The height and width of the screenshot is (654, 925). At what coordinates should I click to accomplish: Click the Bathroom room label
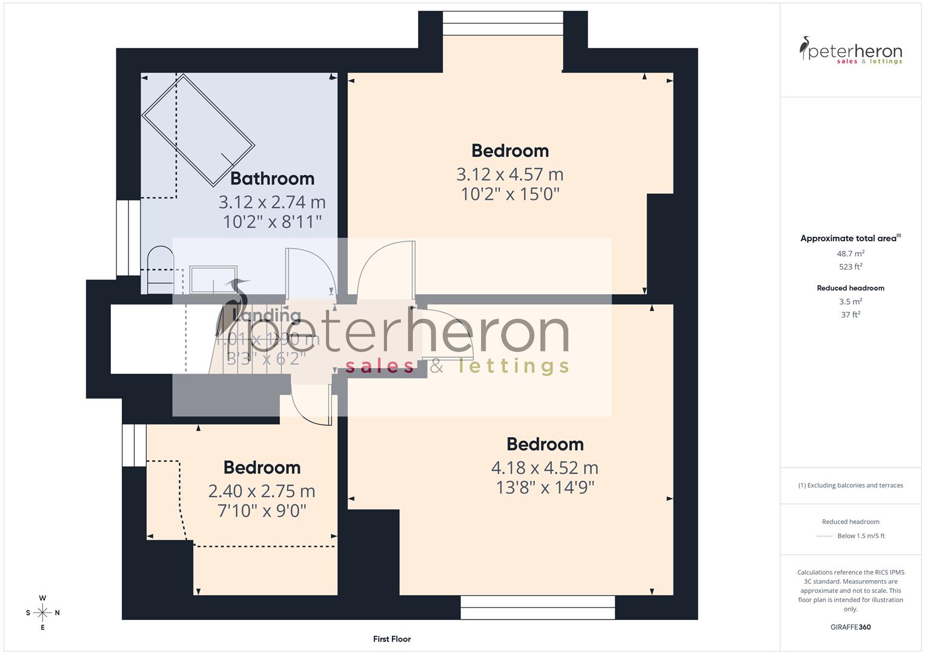pos(272,179)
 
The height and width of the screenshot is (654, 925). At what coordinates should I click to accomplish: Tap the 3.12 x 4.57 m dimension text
pos(509,174)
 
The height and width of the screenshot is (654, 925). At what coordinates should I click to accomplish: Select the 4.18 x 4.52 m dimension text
pos(545,467)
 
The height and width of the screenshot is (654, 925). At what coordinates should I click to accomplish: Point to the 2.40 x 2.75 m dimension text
pos(262,491)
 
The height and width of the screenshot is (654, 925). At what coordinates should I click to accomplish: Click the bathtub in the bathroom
pos(198,130)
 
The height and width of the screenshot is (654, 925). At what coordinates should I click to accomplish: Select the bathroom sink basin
pos(214,279)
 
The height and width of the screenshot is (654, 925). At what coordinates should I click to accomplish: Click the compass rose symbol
pos(42,613)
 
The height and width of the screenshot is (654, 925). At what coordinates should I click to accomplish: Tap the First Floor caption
pos(392,639)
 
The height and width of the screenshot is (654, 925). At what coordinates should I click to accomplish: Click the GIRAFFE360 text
pos(850,627)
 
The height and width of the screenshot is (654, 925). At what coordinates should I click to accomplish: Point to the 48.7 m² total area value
pos(850,254)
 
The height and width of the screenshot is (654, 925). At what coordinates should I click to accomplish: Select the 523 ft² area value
pos(850,266)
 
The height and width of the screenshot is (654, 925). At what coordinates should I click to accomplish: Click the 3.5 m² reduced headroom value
pos(850,302)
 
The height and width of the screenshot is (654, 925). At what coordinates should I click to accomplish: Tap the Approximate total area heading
pos(850,239)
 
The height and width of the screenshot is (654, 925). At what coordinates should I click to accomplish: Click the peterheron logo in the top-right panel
pos(850,51)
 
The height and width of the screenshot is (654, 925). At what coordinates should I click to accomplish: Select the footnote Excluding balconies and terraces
pos(850,485)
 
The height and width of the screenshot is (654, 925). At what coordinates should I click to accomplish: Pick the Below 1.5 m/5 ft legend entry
pos(860,536)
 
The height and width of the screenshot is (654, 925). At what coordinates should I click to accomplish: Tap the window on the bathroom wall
pos(128,237)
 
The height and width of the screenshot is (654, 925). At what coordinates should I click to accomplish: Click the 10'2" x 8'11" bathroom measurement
pos(272,222)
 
